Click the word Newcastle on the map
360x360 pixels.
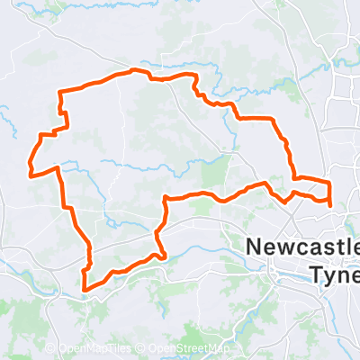coord(302,247)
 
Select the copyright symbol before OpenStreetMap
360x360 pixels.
coord(145,349)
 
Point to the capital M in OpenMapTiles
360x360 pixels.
coord(99,349)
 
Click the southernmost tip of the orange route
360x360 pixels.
coord(85,290)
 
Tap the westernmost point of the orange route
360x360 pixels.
coord(30,171)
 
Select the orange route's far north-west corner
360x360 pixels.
coord(60,92)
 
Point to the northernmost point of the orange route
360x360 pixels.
coord(135,70)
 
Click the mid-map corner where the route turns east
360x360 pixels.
coord(166,198)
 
